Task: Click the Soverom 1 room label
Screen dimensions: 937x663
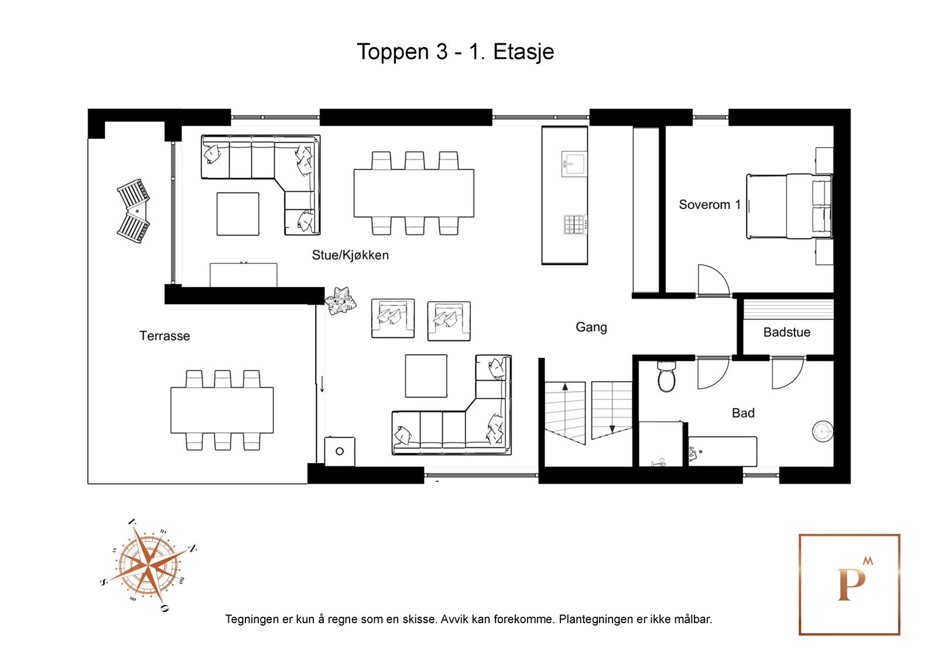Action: pos(709,205)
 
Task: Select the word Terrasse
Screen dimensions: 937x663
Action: pos(165,335)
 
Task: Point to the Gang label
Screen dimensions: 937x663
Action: pos(591,327)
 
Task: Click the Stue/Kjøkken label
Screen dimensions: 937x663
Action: pos(350,254)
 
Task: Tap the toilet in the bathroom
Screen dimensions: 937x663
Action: pos(666,376)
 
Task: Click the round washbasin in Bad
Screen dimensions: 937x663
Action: pos(822,431)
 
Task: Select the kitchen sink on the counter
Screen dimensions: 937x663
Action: pos(574,164)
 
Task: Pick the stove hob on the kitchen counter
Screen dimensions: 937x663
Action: pos(575,225)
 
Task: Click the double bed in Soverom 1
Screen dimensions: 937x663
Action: pos(789,206)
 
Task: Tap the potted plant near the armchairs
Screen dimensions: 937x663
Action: pos(341,300)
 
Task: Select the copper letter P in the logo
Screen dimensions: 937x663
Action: pos(851,584)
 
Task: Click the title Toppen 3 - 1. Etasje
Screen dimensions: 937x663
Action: pos(455,52)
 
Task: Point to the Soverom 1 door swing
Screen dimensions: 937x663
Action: pos(713,280)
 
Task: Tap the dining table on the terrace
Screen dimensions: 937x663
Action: pos(222,410)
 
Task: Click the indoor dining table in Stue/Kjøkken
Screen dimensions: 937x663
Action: pos(413,193)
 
